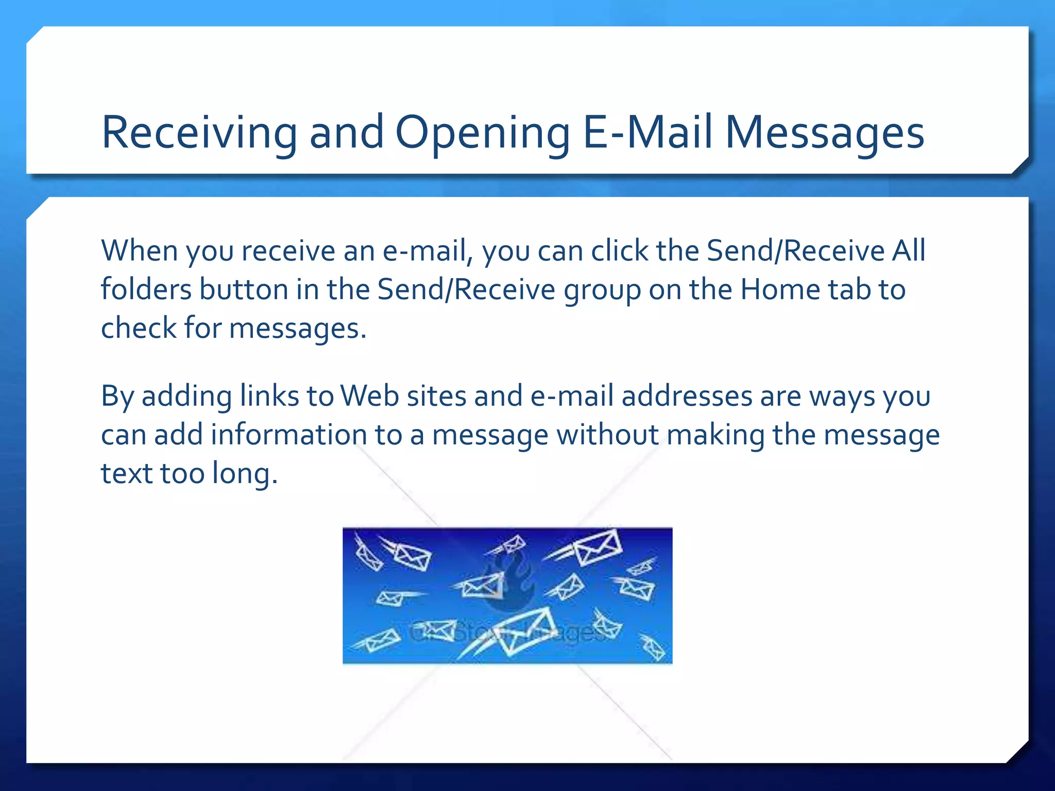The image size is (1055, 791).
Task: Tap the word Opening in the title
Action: point(482,133)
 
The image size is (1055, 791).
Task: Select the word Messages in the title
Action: point(825,133)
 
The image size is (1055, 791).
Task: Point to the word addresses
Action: point(687,396)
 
